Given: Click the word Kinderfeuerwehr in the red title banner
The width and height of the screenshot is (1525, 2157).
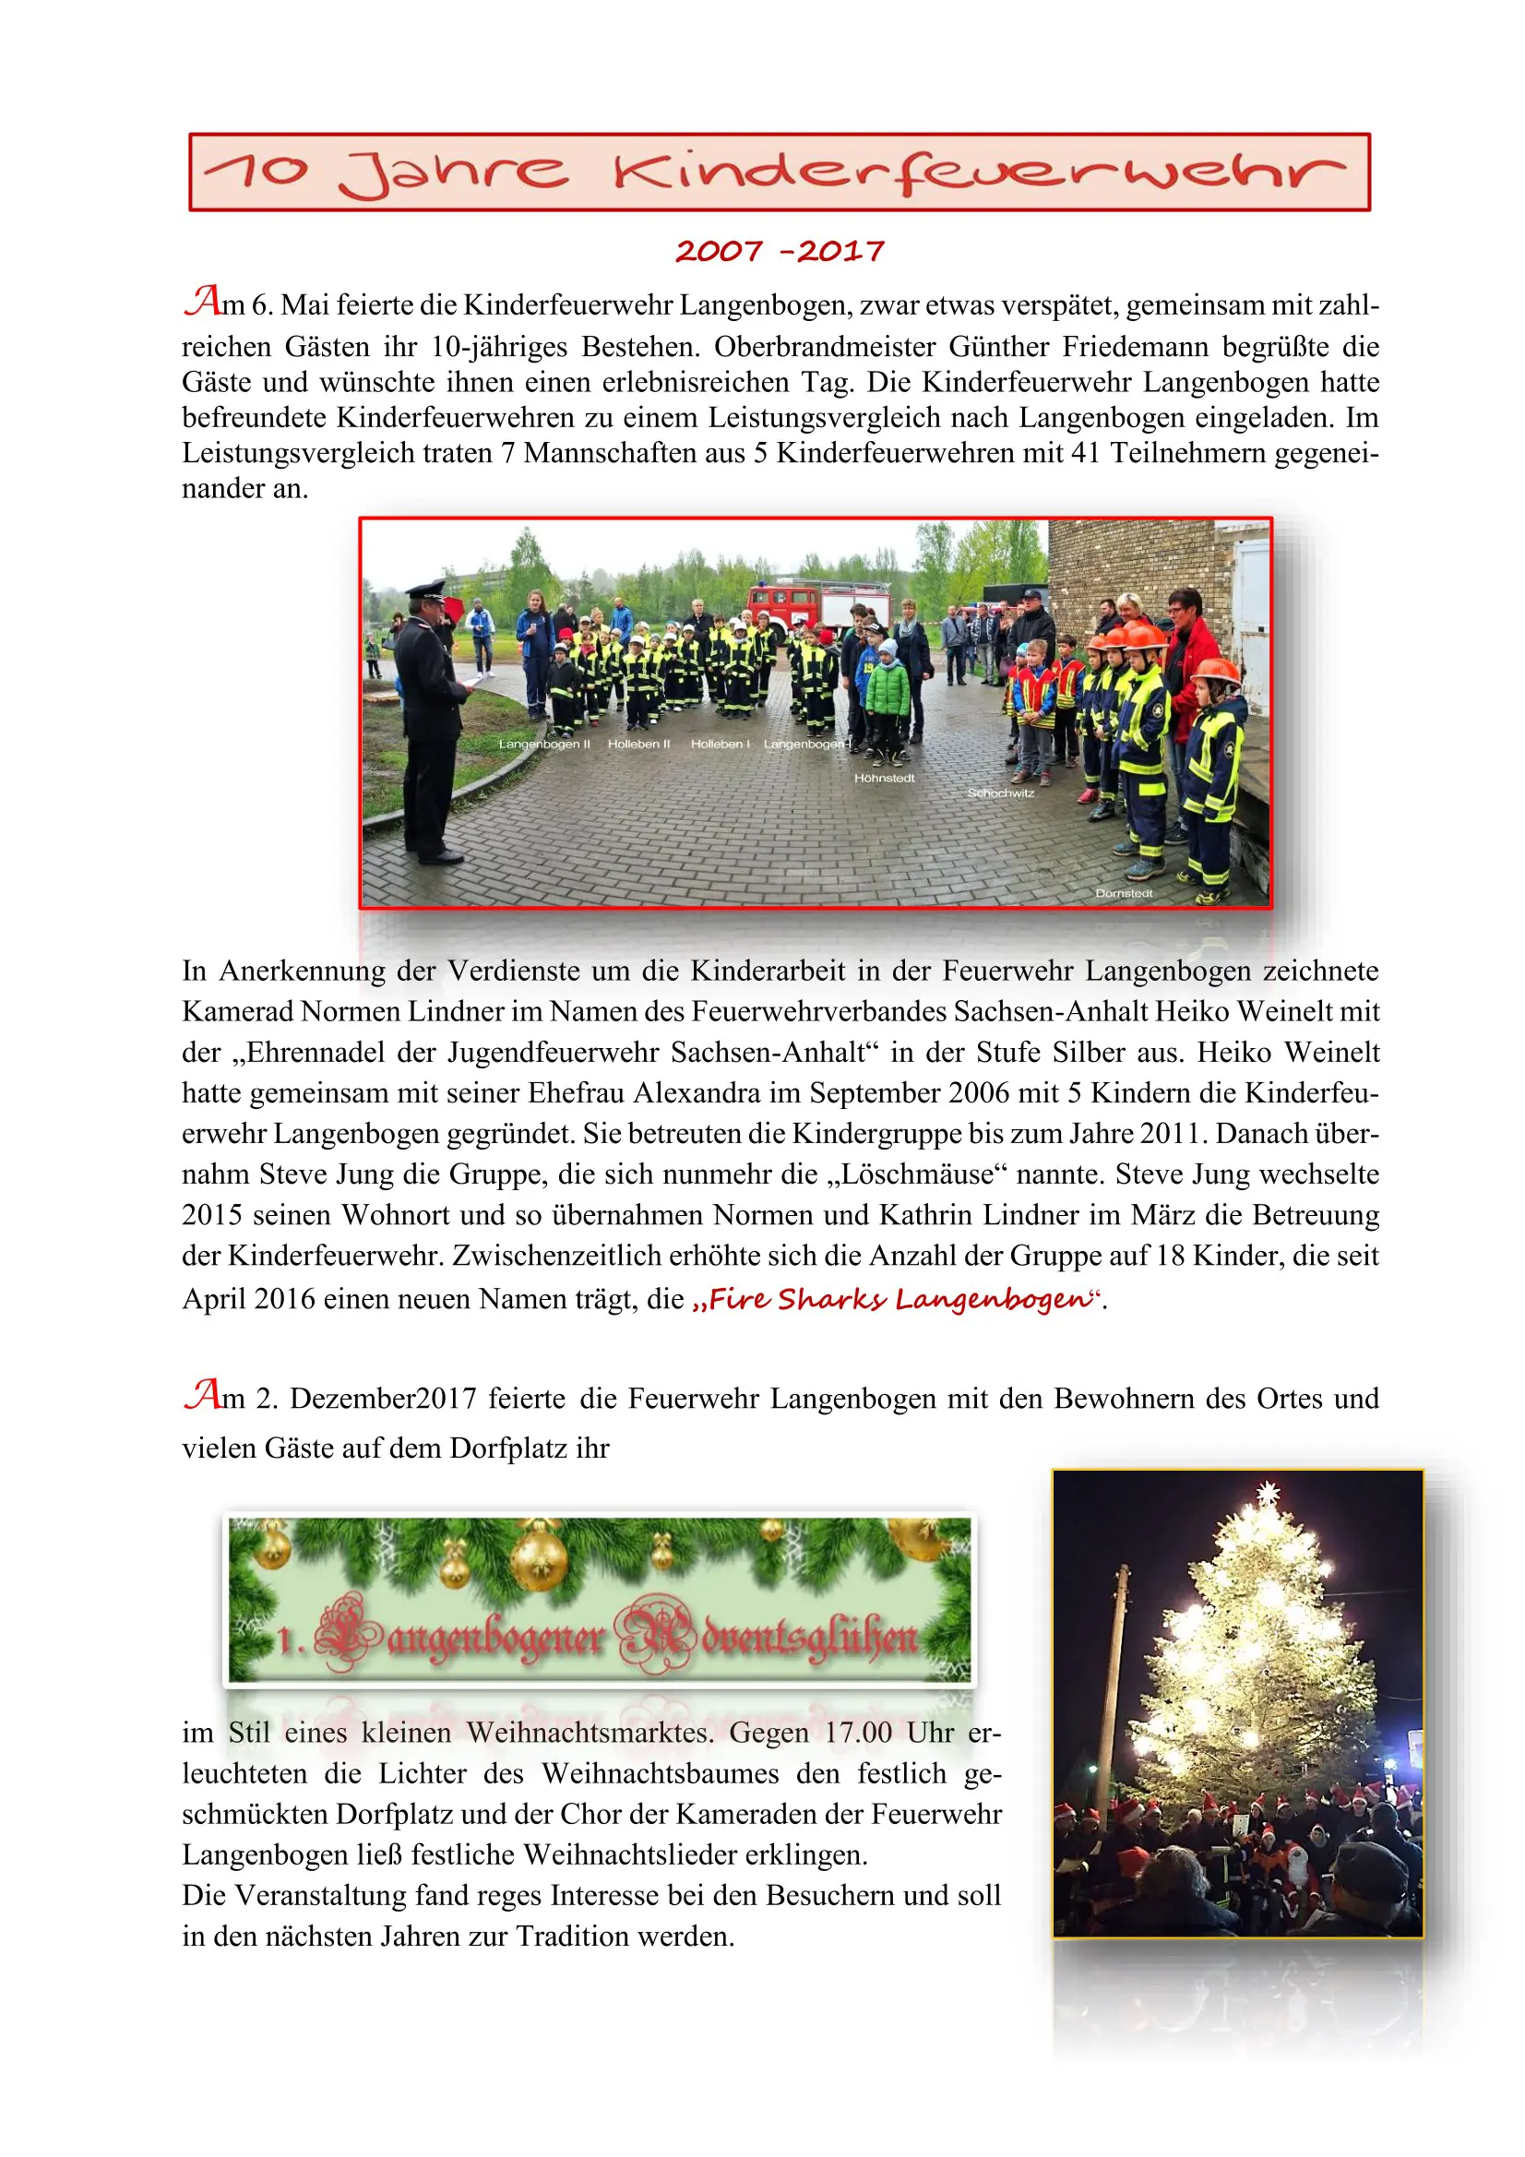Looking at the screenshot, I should coord(977,173).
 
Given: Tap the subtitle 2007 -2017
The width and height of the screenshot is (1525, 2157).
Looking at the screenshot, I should coord(779,251).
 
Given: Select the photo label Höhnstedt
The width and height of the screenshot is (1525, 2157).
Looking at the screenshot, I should coord(883,778).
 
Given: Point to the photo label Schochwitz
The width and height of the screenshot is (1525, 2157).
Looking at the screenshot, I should coord(1000,792).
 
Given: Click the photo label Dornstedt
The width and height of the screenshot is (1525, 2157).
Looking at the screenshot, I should coord(1123,892).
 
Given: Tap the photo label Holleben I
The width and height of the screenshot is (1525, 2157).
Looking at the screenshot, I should coord(720,744).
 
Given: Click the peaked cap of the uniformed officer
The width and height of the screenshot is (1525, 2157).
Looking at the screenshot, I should coord(425,590).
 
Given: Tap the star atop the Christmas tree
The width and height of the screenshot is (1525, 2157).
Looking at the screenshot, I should coord(1268,1493).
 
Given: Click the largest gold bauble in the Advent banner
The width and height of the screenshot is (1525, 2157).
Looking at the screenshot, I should coord(540,1560).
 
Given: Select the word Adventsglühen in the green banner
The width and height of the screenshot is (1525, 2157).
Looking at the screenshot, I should coord(766,1639).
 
